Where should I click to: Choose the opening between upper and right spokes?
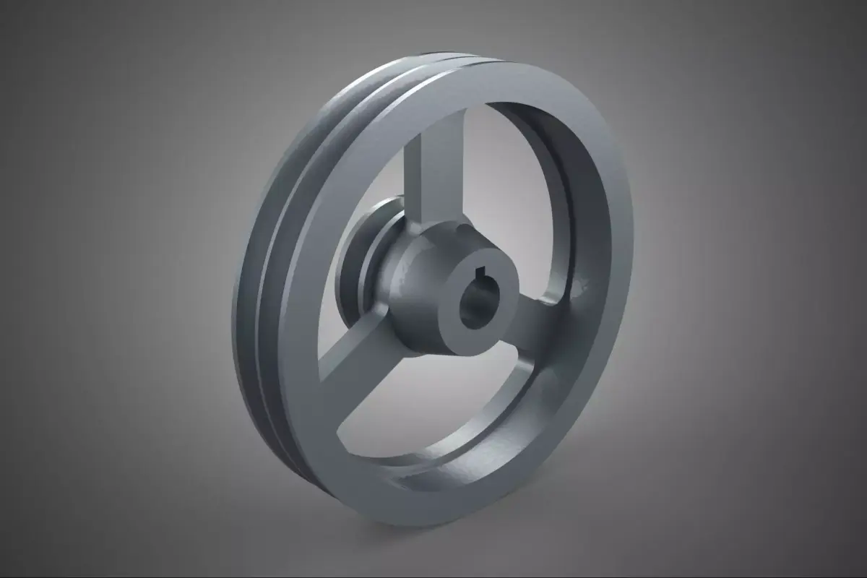506,188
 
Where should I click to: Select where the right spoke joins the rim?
560,307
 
